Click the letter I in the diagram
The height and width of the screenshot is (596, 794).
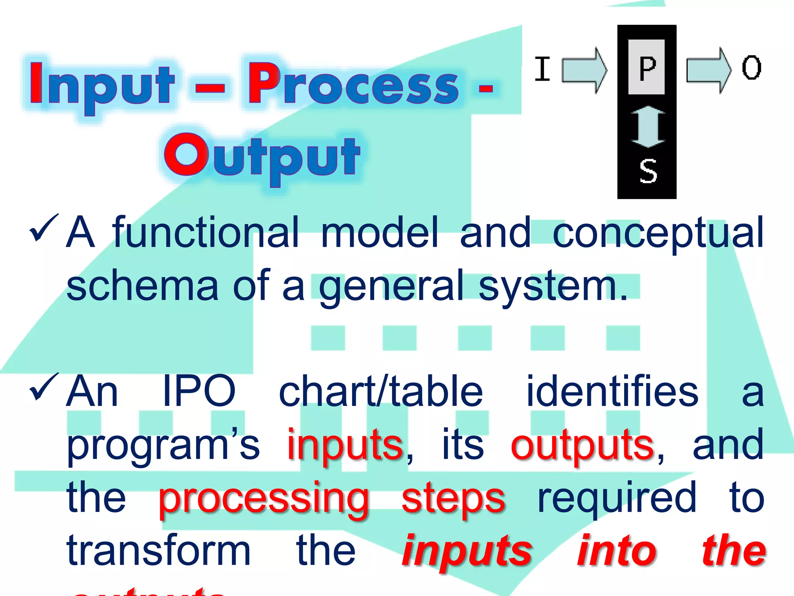(542, 69)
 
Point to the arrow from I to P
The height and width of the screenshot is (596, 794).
(584, 70)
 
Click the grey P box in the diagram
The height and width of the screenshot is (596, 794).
(646, 67)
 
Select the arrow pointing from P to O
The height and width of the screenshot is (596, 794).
(708, 70)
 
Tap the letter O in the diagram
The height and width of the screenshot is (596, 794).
(751, 68)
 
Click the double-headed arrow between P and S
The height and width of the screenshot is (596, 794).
(647, 126)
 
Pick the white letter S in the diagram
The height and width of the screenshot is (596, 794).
(648, 171)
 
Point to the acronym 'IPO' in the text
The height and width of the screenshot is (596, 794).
(199, 391)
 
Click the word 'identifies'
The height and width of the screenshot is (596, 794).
(612, 391)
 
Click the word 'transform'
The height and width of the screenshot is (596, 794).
(159, 550)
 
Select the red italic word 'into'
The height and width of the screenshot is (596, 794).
(617, 550)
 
